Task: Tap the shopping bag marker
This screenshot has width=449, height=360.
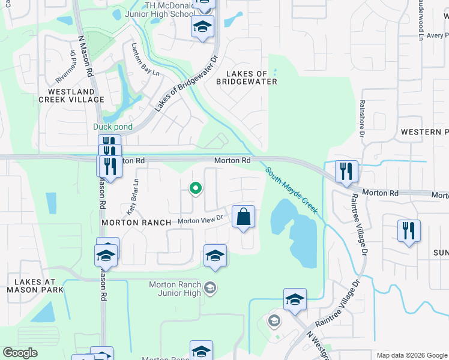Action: [x=244, y=217]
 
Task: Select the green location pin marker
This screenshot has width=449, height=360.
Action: [x=195, y=189]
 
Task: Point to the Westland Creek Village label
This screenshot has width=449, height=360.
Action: [x=71, y=95]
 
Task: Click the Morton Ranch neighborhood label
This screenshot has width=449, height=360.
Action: [x=136, y=222]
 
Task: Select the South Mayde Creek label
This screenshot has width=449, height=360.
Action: [x=292, y=191]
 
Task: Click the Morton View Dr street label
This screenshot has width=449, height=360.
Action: [x=200, y=221]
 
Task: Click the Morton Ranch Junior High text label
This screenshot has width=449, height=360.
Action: [x=175, y=289]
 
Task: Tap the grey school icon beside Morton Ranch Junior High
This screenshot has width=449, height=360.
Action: [x=209, y=289]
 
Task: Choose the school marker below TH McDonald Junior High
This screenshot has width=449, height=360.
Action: [x=203, y=26]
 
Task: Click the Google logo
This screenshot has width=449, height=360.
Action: [x=20, y=353]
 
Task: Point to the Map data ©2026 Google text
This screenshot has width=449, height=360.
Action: [x=411, y=355]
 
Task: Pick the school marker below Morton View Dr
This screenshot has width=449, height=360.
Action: [x=215, y=256]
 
